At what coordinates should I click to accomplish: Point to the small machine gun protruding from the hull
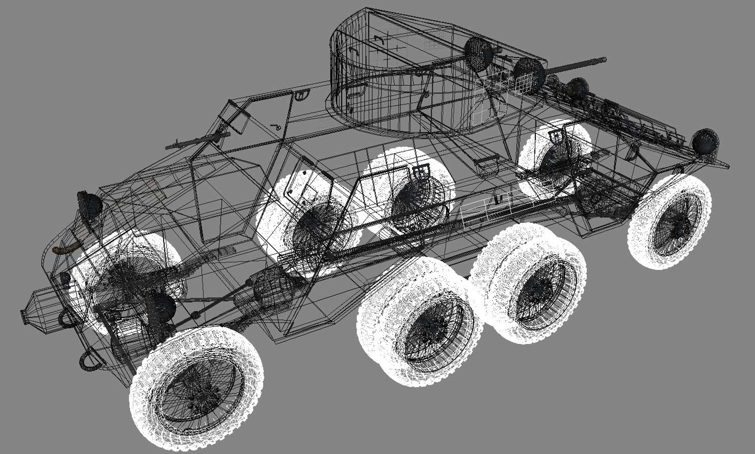[x=198, y=141]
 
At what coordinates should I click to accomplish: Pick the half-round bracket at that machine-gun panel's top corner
[x=300, y=96]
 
